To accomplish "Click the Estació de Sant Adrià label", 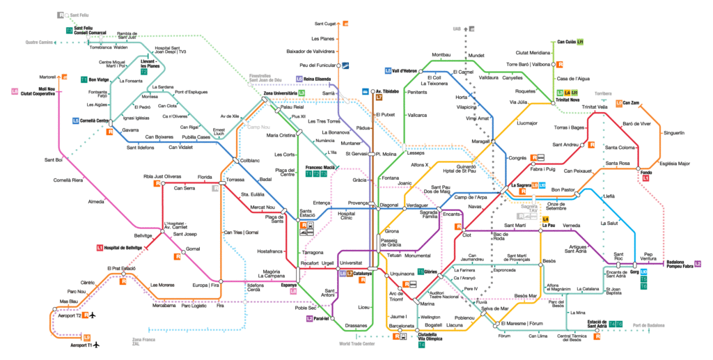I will (x=583, y=324).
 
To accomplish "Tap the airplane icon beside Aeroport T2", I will (x=91, y=315).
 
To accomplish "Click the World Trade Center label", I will (x=357, y=343).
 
